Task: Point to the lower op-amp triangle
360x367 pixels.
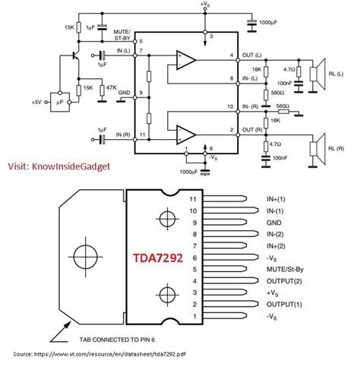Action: (184, 135)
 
